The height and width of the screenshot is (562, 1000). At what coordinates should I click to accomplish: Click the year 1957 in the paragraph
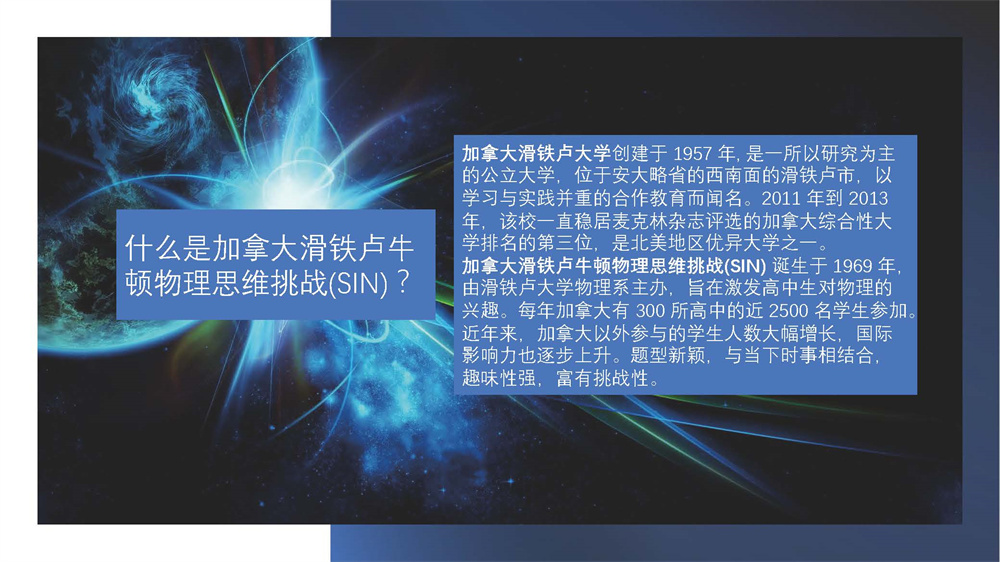(x=692, y=154)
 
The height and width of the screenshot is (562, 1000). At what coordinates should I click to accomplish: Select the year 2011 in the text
(x=781, y=198)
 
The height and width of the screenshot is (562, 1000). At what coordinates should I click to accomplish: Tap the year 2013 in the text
(x=868, y=198)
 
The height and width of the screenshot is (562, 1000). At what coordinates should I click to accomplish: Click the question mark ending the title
(x=402, y=282)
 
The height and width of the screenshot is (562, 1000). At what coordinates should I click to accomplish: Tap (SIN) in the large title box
(x=358, y=284)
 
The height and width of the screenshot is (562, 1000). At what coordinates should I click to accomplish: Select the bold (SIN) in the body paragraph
(x=745, y=266)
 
